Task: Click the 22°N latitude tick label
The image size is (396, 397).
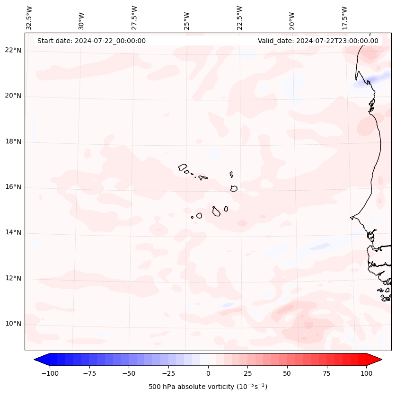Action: point(13,50)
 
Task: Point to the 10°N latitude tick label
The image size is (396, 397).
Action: point(13,324)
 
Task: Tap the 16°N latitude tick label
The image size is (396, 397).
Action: point(13,187)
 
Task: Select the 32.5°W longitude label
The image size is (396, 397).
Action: point(29,18)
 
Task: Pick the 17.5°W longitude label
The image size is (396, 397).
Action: point(345,18)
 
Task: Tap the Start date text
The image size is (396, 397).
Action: point(91,41)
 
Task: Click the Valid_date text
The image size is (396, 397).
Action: point(318,41)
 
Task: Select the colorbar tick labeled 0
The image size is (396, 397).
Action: point(208,373)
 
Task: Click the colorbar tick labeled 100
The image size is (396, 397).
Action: point(366,373)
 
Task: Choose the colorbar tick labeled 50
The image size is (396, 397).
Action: point(287,373)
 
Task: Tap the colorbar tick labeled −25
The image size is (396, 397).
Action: point(168,373)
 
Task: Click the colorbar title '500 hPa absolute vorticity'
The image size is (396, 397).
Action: point(208,387)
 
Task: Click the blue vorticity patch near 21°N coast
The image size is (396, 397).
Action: point(364,82)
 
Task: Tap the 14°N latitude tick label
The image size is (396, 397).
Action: point(13,232)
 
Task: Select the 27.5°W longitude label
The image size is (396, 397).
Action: point(135,18)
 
